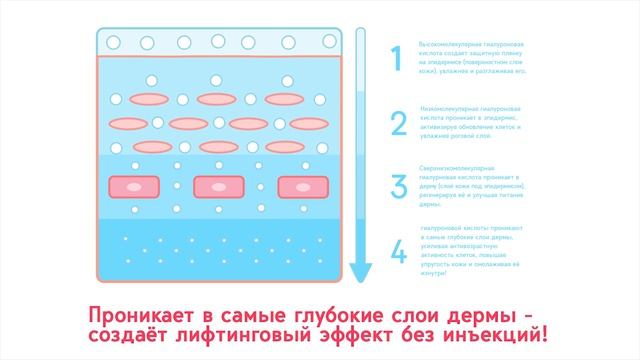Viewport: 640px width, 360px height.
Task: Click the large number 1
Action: click(x=398, y=60)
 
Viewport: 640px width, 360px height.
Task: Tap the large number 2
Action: click(x=398, y=123)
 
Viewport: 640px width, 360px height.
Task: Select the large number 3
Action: click(x=398, y=187)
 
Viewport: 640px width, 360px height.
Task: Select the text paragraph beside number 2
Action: click(x=473, y=123)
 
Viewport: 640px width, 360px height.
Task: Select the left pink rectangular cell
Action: click(x=135, y=186)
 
